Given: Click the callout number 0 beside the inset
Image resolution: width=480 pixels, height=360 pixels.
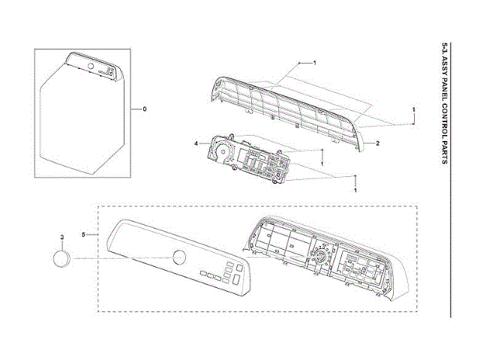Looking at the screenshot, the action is click(x=144, y=109).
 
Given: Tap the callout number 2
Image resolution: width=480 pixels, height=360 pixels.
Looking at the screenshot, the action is click(x=376, y=142).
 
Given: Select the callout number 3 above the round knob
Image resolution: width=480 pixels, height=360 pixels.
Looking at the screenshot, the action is click(x=61, y=237).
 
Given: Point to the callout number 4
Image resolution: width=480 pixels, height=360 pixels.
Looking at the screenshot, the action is click(x=196, y=142).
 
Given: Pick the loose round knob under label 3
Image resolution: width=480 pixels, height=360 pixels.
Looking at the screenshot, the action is click(x=61, y=259).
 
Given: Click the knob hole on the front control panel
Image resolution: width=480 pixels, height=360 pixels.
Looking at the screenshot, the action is click(x=179, y=257).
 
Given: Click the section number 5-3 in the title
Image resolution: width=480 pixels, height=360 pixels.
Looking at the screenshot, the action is click(x=445, y=51).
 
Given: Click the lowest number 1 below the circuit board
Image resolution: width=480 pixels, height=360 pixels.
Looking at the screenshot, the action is click(x=354, y=191).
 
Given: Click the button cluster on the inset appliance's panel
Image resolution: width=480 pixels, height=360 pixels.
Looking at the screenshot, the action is click(x=109, y=72).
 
